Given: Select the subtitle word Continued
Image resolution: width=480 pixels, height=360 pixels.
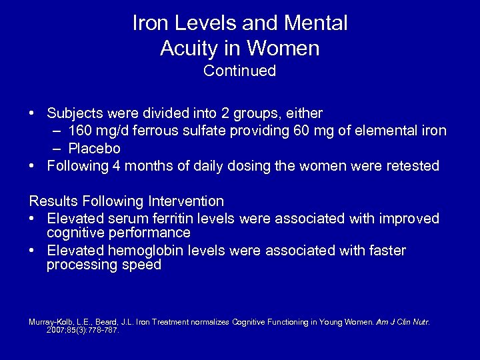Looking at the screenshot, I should tap(240, 71).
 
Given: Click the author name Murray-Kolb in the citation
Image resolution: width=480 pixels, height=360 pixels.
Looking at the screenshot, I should tap(52, 322).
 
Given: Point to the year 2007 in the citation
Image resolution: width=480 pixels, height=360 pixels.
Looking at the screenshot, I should tap(57, 329).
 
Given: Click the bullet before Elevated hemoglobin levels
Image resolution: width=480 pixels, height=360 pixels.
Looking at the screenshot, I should tap(33, 251).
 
